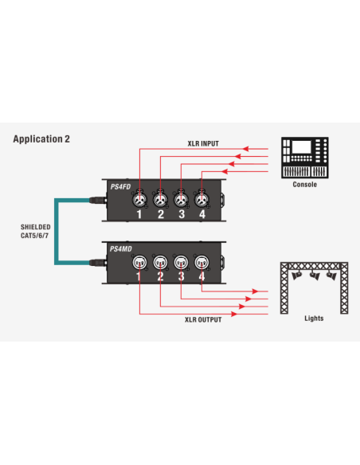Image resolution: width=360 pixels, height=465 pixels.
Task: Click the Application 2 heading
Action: click(x=41, y=139)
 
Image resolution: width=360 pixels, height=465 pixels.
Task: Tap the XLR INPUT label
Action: click(x=203, y=143)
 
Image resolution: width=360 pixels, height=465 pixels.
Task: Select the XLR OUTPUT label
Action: click(x=203, y=320)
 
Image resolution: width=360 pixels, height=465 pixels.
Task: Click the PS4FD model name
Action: click(x=120, y=187)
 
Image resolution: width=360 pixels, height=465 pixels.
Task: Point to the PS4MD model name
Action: click(x=121, y=248)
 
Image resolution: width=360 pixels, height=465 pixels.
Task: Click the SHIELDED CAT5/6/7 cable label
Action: click(x=35, y=232)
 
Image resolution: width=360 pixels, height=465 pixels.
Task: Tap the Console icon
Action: click(x=305, y=158)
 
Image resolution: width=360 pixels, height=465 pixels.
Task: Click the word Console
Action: click(x=305, y=185)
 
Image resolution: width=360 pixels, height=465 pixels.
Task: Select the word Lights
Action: click(x=314, y=318)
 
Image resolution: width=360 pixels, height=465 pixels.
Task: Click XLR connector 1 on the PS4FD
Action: click(x=139, y=200)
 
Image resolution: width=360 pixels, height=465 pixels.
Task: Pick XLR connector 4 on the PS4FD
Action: click(x=202, y=200)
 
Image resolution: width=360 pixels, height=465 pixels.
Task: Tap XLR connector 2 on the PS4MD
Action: click(x=160, y=262)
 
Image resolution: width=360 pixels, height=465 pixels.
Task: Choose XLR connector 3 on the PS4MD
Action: click(x=181, y=262)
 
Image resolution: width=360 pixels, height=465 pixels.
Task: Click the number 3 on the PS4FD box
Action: click(x=182, y=214)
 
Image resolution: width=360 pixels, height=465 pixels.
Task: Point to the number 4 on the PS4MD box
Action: click(x=202, y=276)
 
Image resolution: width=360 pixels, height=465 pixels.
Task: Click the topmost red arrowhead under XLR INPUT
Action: click(x=246, y=149)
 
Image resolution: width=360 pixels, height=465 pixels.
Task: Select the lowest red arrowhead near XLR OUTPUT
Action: click(x=234, y=314)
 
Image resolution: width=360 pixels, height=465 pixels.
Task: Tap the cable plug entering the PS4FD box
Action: click(x=98, y=200)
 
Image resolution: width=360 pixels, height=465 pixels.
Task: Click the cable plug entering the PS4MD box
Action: click(x=98, y=263)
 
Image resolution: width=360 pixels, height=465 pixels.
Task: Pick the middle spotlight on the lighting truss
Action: click(x=315, y=276)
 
